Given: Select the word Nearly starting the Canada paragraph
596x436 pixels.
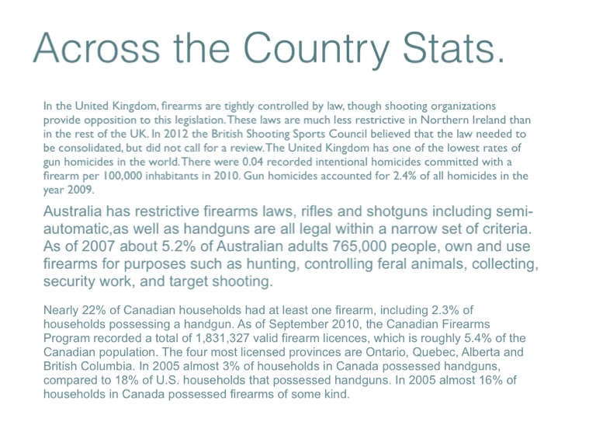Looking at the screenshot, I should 62,311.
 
